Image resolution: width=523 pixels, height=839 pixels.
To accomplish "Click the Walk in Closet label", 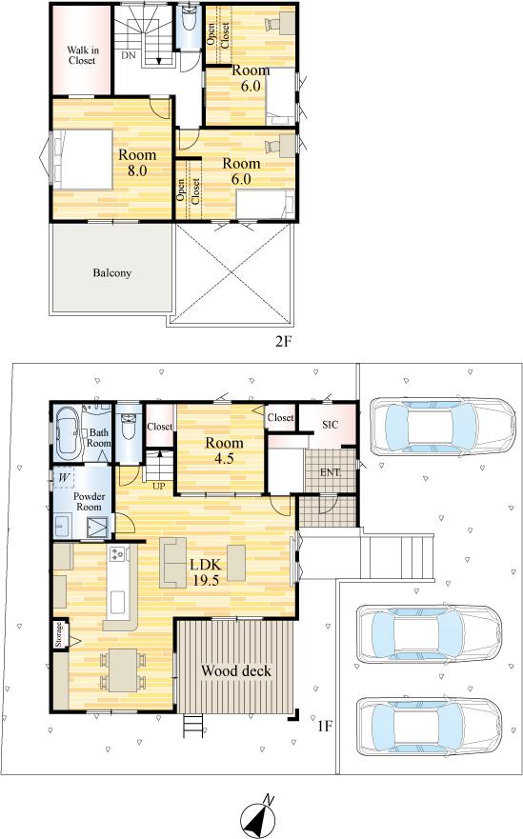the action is click(x=83, y=55).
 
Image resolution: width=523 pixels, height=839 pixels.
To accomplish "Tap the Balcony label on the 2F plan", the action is click(x=111, y=273).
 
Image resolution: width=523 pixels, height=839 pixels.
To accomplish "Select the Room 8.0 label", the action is click(x=137, y=163).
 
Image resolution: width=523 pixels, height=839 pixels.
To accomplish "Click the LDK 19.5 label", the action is click(x=206, y=572).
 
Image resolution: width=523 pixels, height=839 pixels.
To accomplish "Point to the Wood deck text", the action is click(x=236, y=671).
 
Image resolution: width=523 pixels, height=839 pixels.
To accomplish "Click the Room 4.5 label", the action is click(x=224, y=450).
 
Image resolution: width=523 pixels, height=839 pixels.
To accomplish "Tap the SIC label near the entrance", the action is click(x=331, y=425).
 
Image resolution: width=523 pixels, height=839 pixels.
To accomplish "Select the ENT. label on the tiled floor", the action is click(x=331, y=472).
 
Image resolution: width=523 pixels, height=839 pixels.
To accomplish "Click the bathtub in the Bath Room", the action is click(x=68, y=432).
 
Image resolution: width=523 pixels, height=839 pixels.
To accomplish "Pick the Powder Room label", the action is click(x=89, y=501).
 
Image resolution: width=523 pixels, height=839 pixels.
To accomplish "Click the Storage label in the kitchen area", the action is click(x=59, y=634).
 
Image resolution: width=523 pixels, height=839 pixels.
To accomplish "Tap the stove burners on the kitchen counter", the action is click(x=117, y=554).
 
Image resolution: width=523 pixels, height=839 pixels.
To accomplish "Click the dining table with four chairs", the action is click(x=123, y=669).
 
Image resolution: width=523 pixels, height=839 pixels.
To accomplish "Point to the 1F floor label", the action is click(x=325, y=726).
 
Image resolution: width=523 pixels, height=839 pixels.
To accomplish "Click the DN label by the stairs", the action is click(x=128, y=55).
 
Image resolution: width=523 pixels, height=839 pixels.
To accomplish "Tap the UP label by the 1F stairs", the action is click(x=159, y=487).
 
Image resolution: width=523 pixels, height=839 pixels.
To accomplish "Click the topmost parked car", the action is click(x=442, y=426).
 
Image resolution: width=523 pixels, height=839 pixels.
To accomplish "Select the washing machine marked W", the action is click(x=64, y=477).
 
